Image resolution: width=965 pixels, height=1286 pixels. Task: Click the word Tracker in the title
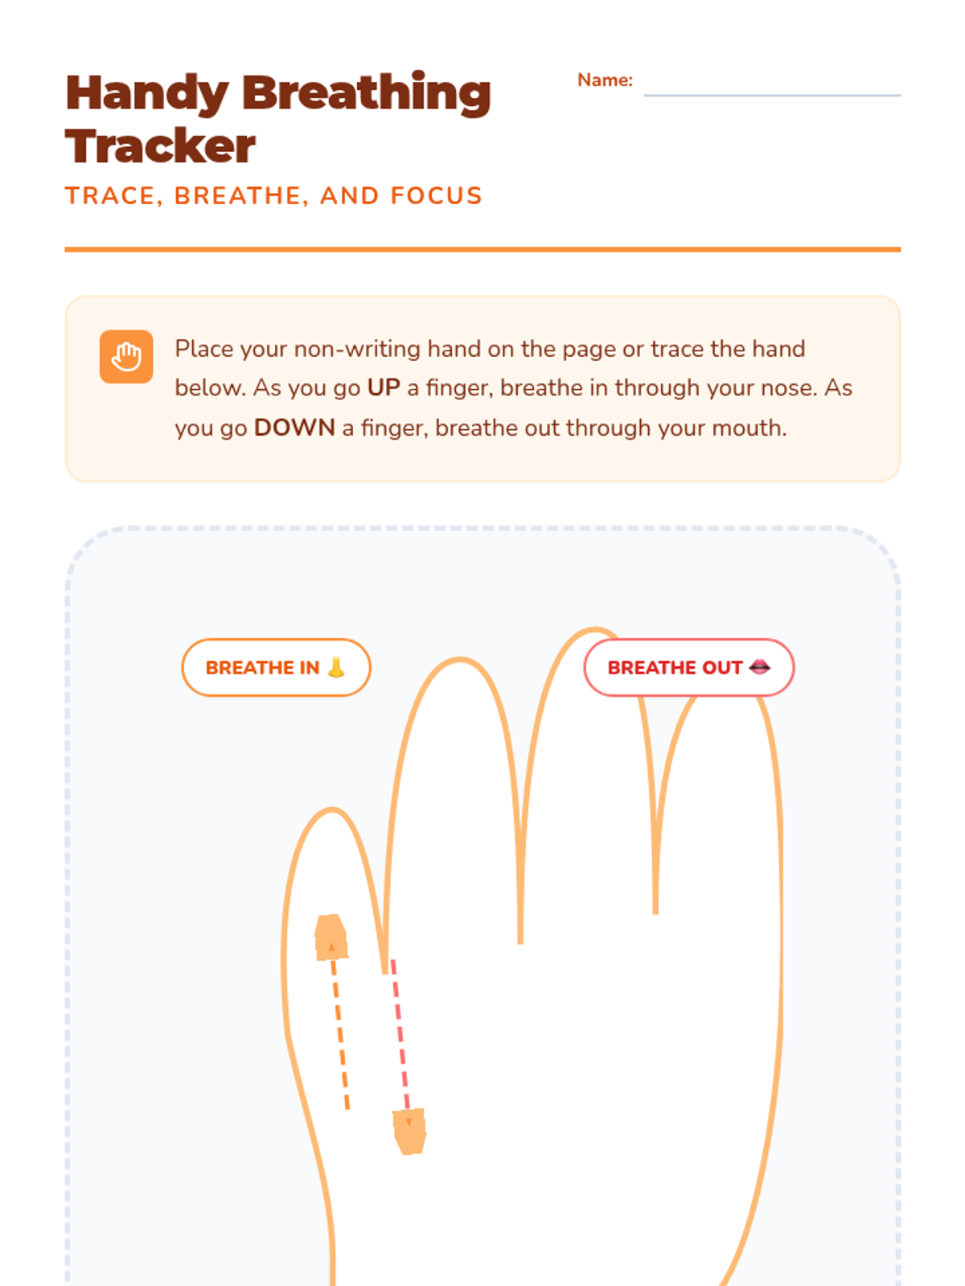(160, 146)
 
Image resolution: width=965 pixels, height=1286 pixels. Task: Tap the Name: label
(605, 80)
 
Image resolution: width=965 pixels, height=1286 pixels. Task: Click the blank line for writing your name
(772, 95)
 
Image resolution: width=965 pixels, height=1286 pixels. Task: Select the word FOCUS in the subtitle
(436, 195)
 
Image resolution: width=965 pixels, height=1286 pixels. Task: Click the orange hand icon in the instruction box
(126, 356)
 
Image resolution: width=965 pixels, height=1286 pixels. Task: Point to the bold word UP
(384, 388)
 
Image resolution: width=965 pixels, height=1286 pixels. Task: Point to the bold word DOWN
(294, 428)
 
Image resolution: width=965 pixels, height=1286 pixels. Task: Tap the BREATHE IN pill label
(276, 667)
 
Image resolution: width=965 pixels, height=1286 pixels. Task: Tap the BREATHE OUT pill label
(689, 667)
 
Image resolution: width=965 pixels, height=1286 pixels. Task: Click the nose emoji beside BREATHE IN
(336, 667)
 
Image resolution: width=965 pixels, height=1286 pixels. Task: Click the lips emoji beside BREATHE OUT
(759, 667)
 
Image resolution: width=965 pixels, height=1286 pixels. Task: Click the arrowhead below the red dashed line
(409, 1132)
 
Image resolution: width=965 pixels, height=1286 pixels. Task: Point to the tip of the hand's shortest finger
(332, 810)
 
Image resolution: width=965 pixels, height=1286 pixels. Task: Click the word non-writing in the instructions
(357, 349)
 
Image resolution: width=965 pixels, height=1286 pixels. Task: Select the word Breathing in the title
(367, 93)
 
